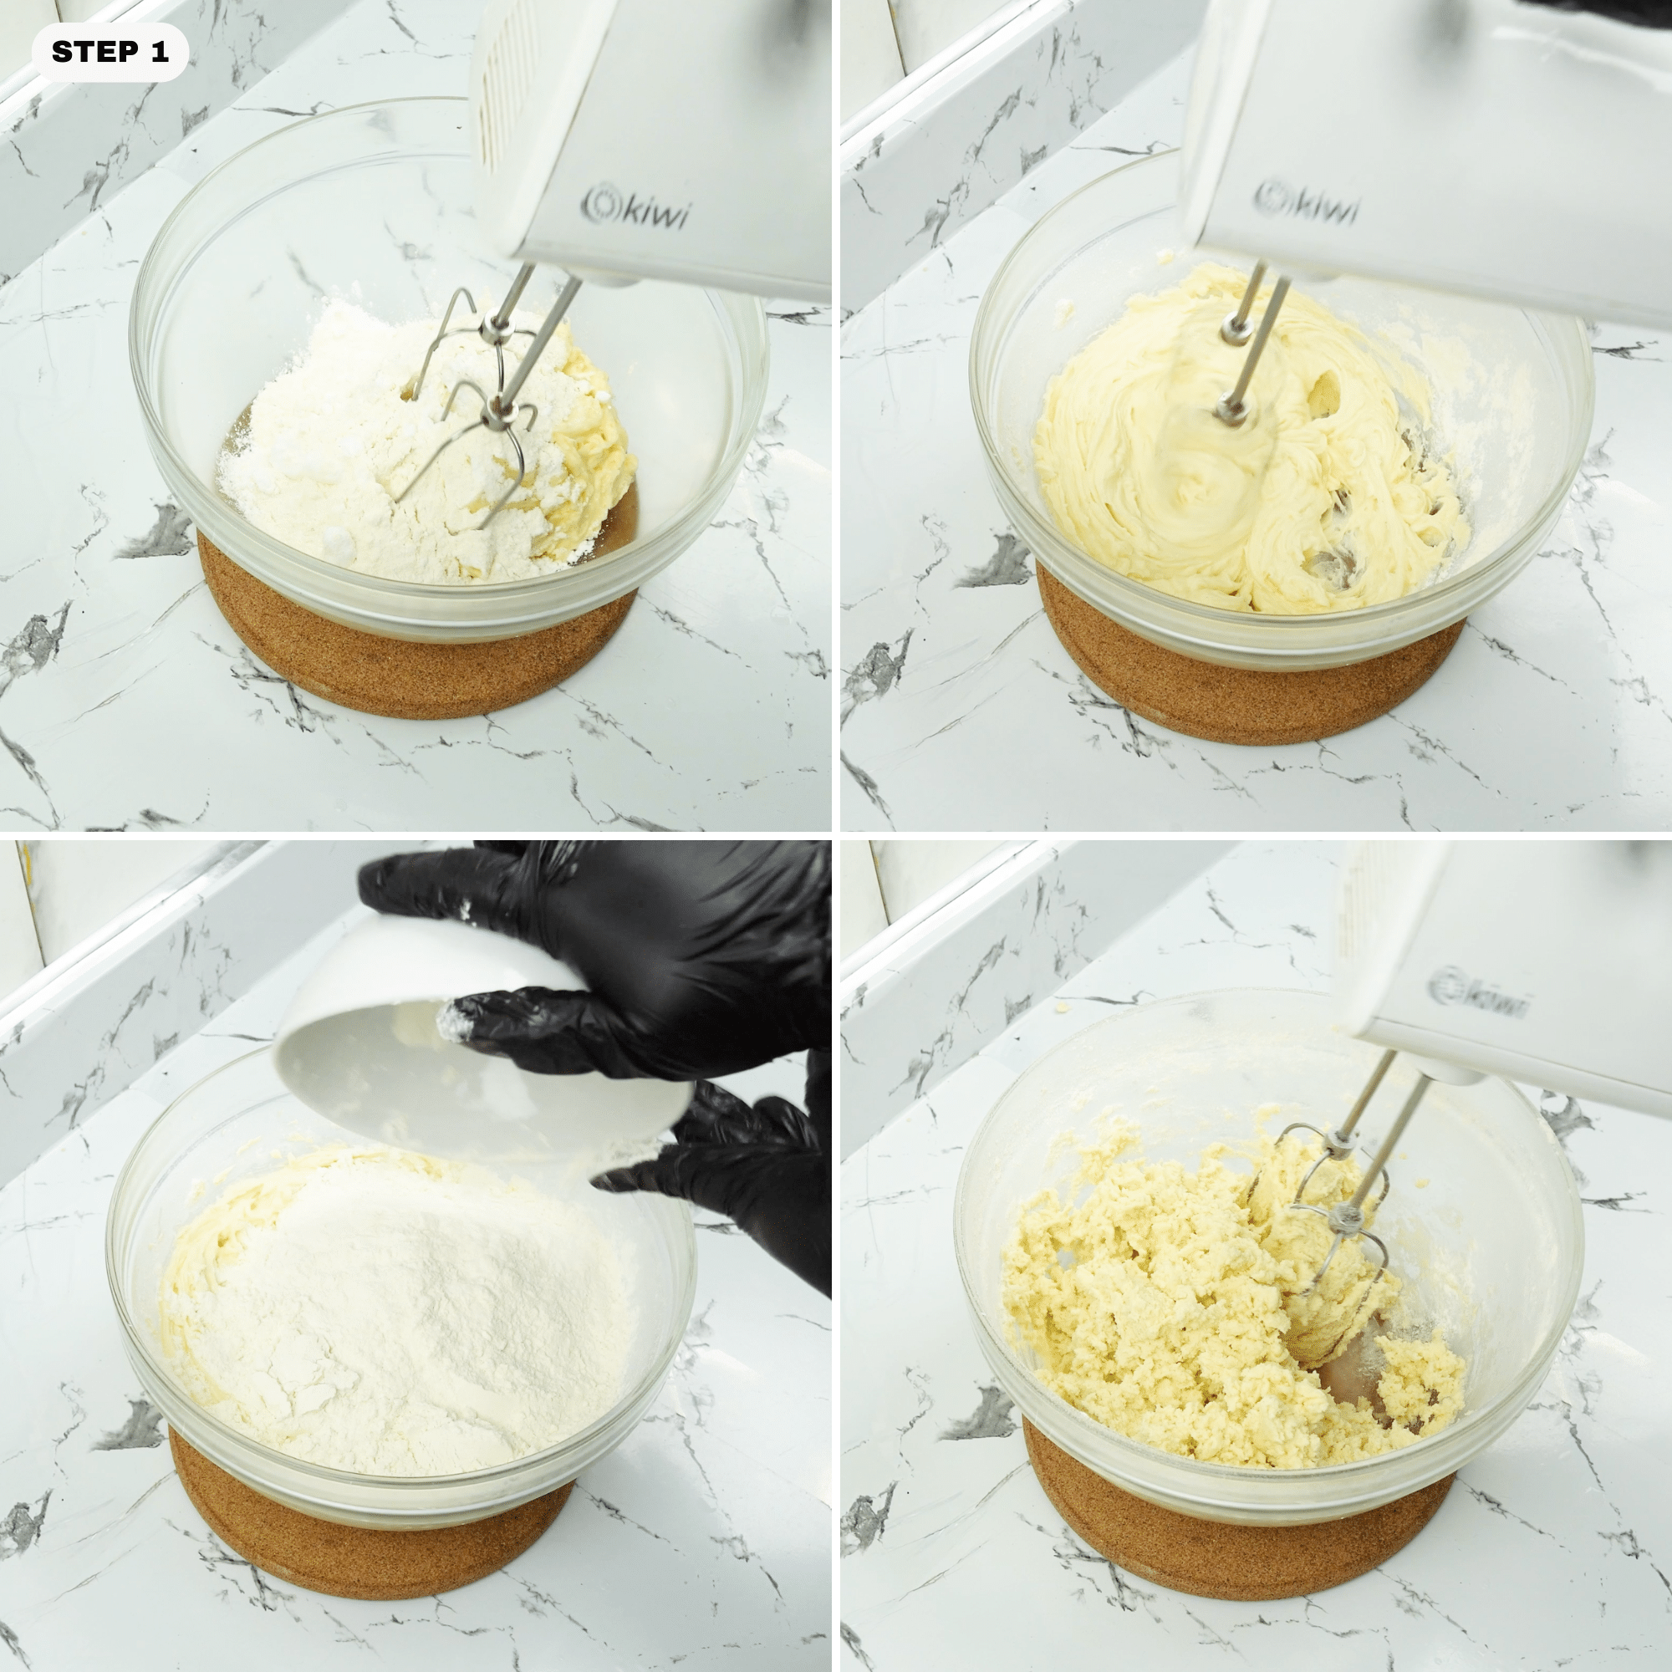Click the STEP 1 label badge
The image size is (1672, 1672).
(110, 53)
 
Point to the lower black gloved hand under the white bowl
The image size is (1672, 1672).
(744, 1160)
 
